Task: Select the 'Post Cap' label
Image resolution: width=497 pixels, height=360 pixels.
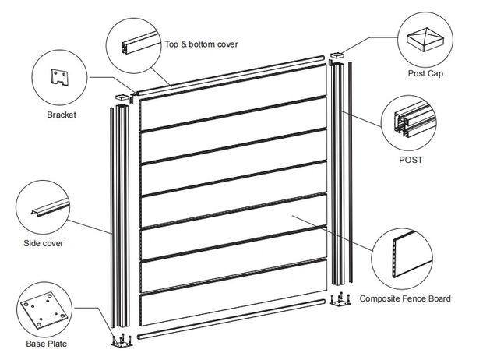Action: point(426,74)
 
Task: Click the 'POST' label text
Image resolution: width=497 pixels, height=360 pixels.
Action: point(410,160)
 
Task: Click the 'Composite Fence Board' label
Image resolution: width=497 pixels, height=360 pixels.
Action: point(404,298)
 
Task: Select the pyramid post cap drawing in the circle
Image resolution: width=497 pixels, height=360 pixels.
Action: point(425,39)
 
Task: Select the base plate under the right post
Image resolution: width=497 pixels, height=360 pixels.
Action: point(338,300)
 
